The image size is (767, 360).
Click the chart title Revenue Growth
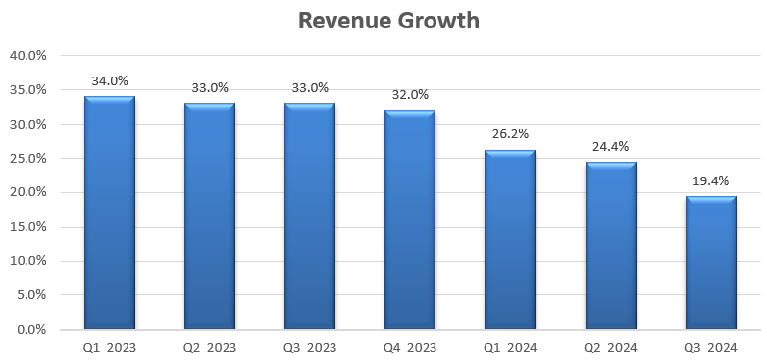click(389, 21)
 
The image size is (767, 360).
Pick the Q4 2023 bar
click(410, 220)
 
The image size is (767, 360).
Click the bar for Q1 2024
click(510, 239)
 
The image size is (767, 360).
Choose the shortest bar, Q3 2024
click(710, 263)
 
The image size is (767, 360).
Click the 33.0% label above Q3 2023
click(310, 88)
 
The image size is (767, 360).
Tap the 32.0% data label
click(410, 95)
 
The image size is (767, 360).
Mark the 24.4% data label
click(610, 147)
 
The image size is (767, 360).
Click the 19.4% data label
click(710, 181)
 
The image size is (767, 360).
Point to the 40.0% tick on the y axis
click(27, 56)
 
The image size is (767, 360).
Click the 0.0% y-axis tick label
click(30, 330)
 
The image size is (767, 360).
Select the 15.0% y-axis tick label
click(27, 227)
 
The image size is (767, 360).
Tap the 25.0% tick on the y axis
click(27, 159)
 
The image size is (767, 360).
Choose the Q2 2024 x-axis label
click(610, 347)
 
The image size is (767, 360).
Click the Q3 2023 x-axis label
click(310, 347)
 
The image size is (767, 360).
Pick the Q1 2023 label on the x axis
click(110, 347)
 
